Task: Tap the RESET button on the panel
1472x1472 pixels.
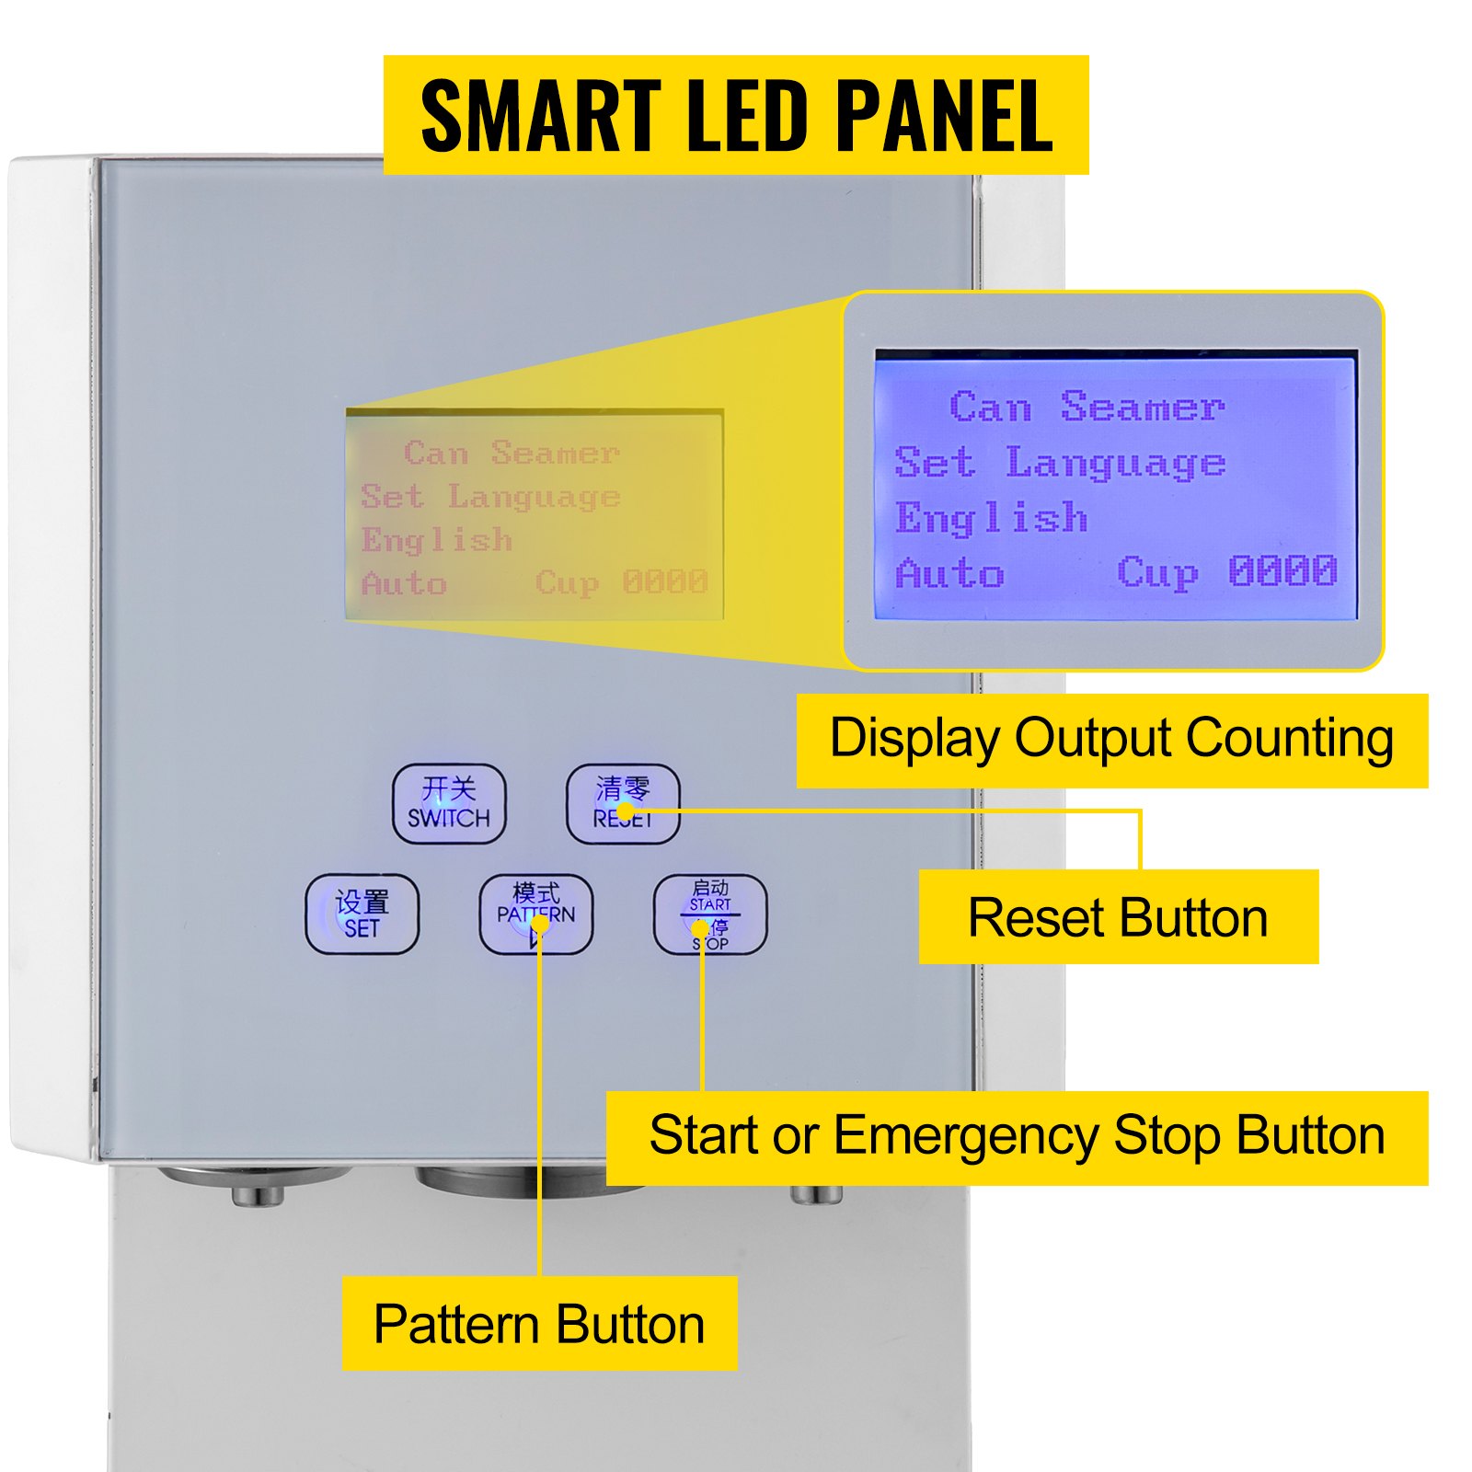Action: (623, 803)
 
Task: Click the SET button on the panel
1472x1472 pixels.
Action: (362, 914)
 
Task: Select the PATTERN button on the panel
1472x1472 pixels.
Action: (535, 914)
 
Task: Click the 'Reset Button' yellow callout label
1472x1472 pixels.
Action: (1118, 917)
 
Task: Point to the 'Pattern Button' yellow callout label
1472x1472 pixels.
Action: (539, 1323)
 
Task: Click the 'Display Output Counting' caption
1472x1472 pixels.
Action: (1111, 740)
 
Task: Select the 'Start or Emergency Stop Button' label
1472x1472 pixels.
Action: (1017, 1136)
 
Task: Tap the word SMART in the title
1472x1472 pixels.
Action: (541, 116)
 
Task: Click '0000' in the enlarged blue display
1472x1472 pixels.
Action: (1282, 571)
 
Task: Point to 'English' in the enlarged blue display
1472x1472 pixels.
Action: (991, 518)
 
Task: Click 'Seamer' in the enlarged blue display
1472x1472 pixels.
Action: (1142, 407)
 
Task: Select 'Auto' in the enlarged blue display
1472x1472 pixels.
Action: (949, 573)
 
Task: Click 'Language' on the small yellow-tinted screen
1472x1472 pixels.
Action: (534, 498)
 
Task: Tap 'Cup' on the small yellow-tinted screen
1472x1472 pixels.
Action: (567, 582)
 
